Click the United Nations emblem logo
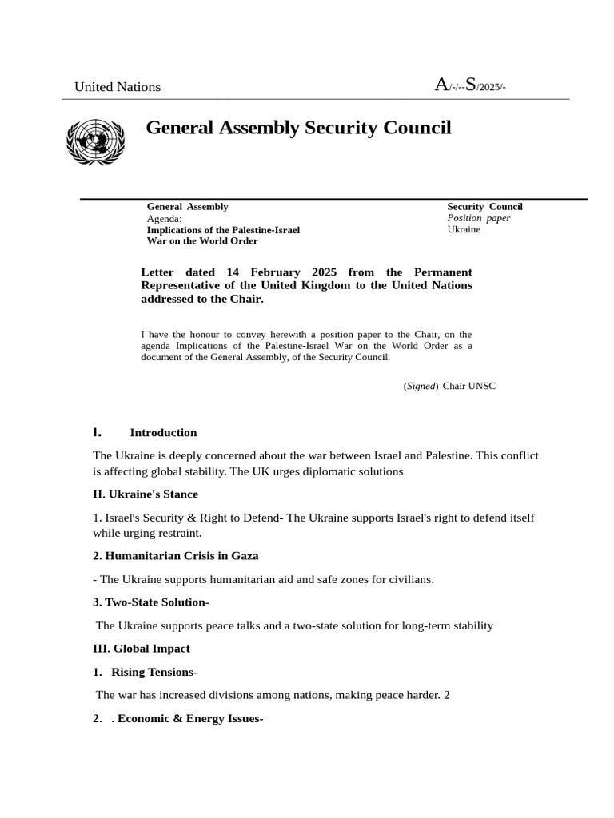tap(95, 143)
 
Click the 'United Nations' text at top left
tap(118, 87)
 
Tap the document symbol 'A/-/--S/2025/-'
tap(469, 85)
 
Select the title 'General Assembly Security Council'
tap(298, 128)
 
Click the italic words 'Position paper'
tap(478, 218)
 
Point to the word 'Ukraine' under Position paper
tap(464, 229)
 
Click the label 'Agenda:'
tap(164, 218)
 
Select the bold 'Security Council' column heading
tap(484, 207)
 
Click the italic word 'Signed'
tap(421, 386)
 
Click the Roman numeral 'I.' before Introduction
tap(98, 432)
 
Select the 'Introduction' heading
tap(163, 433)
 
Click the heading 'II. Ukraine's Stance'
tap(146, 494)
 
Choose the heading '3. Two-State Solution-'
tap(151, 602)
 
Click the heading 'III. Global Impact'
tap(142, 649)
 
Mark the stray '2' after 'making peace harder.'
tap(447, 695)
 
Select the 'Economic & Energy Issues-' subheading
tap(190, 718)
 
